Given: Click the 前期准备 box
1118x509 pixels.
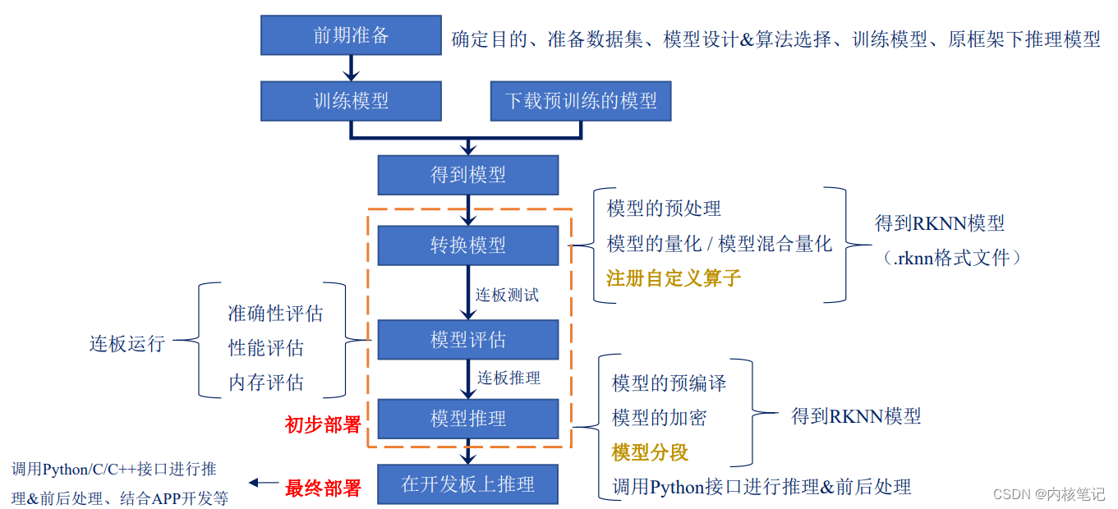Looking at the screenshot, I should click(351, 35).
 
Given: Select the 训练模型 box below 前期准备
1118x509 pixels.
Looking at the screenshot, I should click(351, 101).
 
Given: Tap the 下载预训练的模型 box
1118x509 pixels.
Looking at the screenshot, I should click(580, 101).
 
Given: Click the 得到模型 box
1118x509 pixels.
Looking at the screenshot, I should click(467, 174).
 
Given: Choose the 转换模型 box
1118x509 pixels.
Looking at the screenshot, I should click(467, 245).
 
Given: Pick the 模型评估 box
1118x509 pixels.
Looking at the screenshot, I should click(467, 339).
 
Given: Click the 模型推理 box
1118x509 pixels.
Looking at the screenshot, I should click(467, 419).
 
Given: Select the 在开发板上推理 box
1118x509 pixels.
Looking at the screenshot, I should click(467, 484).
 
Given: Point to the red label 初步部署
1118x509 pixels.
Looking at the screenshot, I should click(323, 424).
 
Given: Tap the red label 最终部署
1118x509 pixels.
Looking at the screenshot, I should click(323, 488).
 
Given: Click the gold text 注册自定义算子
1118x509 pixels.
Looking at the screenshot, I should click(674, 277).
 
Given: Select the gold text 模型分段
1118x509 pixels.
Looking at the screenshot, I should click(650, 452).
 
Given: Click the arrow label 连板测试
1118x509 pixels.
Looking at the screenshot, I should click(508, 295).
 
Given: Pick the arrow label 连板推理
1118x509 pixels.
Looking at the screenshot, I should click(509, 378).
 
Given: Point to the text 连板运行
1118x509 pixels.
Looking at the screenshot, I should click(127, 343).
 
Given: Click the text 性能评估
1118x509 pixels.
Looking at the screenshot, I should click(265, 348).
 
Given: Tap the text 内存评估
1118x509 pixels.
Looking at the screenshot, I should click(265, 383).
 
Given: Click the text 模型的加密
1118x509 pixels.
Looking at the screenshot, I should click(659, 418).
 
